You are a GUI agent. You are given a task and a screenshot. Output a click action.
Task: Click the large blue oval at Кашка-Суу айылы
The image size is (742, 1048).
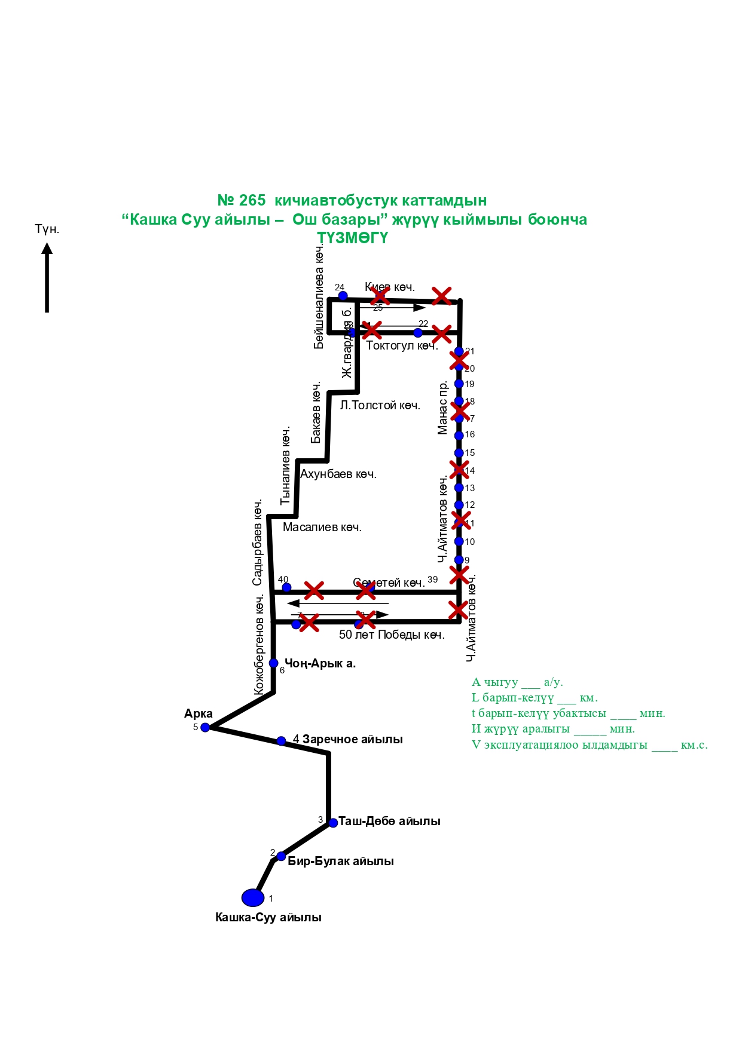(x=253, y=897)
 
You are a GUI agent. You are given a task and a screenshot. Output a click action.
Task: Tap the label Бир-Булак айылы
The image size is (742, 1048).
(x=340, y=861)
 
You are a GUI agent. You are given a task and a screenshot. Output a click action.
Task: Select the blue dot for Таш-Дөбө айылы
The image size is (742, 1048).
(x=333, y=823)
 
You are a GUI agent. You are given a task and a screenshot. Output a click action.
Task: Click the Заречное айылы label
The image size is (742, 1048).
(x=352, y=739)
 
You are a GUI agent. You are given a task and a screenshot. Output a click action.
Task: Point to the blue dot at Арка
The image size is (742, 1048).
(x=205, y=727)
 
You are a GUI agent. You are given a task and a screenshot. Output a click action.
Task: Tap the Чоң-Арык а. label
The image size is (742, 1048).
(x=320, y=663)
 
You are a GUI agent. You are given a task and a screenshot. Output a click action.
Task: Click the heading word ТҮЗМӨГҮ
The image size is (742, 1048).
(x=352, y=238)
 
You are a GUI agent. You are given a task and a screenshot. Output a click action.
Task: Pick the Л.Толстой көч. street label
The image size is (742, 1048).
(x=380, y=405)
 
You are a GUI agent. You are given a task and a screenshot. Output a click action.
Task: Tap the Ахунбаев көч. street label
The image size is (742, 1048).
(x=338, y=474)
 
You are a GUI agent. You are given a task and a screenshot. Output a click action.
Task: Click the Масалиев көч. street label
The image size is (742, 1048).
(x=322, y=527)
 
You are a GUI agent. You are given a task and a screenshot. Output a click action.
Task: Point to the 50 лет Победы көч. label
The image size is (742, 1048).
(x=392, y=635)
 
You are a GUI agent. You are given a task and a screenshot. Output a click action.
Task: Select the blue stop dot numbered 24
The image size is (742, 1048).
(x=343, y=296)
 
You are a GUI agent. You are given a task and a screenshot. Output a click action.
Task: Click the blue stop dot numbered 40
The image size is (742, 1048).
(x=286, y=587)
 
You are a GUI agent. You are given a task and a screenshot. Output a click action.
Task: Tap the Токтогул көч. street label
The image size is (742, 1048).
(x=401, y=345)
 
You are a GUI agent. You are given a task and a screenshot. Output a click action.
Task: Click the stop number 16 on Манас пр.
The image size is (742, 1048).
(x=470, y=434)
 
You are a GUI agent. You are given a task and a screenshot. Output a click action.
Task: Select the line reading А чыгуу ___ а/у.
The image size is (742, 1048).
(x=517, y=682)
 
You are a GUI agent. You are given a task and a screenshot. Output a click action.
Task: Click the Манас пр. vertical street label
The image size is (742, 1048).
(x=442, y=408)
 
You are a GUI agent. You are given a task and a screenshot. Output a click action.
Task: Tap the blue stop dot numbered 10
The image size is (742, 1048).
(x=459, y=541)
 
